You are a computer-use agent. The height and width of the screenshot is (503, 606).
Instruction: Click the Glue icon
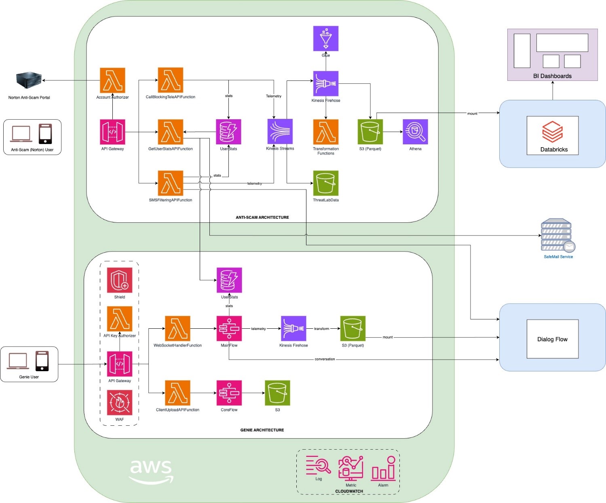[325, 39]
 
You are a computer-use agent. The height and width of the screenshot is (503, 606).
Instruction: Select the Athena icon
[415, 132]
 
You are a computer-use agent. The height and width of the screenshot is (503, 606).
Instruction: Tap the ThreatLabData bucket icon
[325, 183]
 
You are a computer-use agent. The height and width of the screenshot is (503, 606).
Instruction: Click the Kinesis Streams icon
[280, 131]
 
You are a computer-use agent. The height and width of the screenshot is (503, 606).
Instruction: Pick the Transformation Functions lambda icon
[325, 132]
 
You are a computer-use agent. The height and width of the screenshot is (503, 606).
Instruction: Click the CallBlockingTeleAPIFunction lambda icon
[170, 80]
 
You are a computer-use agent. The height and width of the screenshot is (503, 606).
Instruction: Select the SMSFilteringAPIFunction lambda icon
[170, 183]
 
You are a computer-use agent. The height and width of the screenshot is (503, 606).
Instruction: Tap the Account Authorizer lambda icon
[112, 80]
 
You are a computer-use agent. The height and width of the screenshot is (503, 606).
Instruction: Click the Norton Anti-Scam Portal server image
[29, 80]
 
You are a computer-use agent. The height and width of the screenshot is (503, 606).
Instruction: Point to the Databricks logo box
[552, 135]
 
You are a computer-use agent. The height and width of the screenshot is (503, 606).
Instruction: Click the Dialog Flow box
[552, 339]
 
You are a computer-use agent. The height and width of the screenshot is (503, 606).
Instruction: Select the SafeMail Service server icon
[557, 235]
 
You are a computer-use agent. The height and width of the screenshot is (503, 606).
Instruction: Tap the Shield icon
[120, 280]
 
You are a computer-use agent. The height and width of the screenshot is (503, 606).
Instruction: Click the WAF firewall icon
[120, 402]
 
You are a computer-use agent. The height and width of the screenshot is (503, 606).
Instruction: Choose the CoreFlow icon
[229, 393]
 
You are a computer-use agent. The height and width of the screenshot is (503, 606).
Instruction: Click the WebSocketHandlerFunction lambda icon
[177, 328]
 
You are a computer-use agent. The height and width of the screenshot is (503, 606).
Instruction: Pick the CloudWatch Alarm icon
[383, 469]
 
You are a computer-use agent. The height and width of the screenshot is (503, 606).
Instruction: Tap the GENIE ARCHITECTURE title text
[262, 430]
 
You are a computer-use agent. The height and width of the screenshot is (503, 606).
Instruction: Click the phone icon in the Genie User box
[42, 361]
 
